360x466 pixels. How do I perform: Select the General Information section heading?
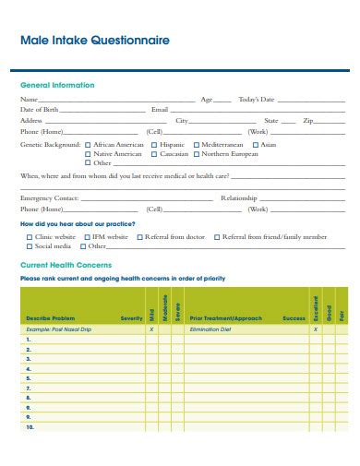(57, 85)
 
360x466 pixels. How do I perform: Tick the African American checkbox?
(88, 145)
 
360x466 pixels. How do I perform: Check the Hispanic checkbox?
(153, 145)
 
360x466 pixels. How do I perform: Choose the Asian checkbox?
(255, 145)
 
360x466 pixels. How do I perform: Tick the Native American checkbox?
(88, 153)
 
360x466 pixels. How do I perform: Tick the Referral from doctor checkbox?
(139, 237)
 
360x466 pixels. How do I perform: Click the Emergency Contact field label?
(49, 198)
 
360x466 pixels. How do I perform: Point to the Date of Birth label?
(40, 109)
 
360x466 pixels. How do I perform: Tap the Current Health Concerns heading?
(63, 265)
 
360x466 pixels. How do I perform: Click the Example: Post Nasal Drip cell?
(59, 329)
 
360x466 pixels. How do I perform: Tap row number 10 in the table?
(30, 428)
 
